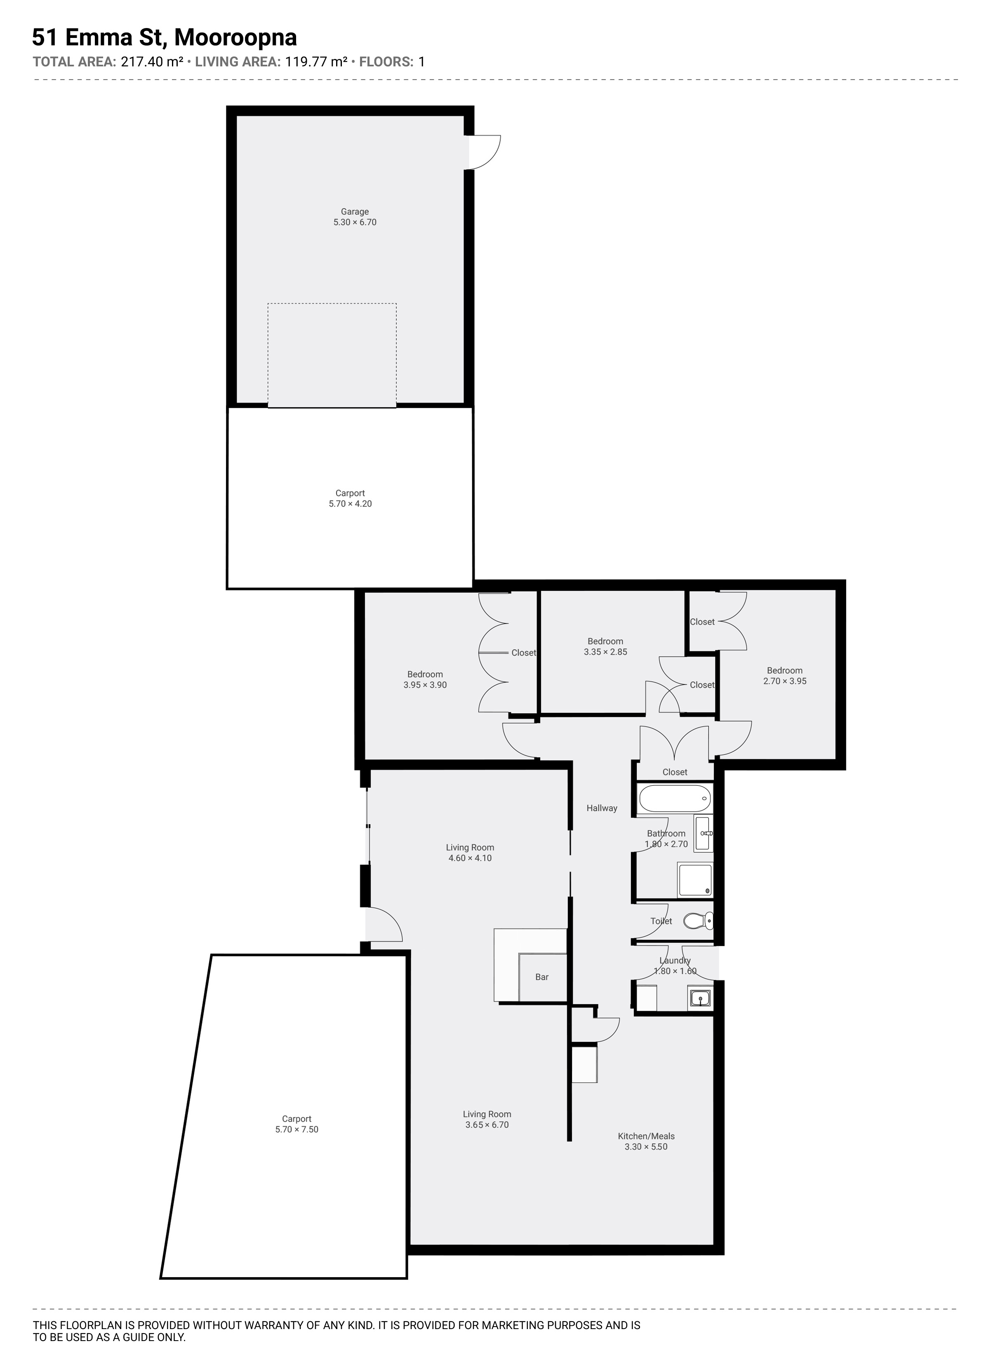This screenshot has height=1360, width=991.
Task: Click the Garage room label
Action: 355,211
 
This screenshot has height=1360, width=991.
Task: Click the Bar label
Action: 542,977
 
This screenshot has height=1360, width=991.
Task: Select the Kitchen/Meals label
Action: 646,1136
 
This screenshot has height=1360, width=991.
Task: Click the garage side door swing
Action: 485,152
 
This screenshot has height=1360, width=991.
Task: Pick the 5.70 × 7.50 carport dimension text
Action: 297,1129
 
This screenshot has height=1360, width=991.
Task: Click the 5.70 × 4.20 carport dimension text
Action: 350,504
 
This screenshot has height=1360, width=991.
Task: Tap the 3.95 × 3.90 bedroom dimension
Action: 425,685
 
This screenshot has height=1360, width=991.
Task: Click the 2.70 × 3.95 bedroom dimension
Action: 785,681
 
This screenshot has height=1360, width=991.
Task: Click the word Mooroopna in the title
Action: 236,38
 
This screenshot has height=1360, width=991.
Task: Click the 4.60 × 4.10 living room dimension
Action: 470,858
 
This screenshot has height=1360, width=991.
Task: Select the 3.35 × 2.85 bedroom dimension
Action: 605,652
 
